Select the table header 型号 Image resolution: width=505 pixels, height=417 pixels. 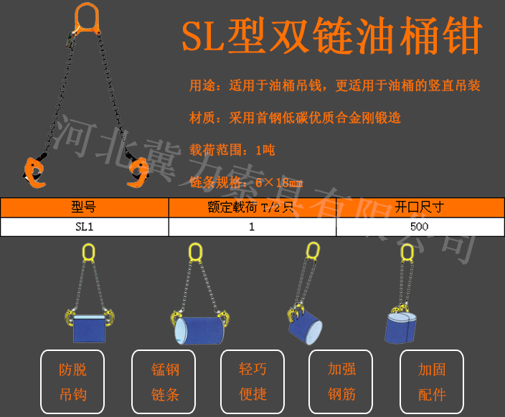tap(84, 207)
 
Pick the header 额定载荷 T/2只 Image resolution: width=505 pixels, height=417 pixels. tap(252, 207)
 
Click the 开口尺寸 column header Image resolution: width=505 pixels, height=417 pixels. tap(420, 207)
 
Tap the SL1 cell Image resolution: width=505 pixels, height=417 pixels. tap(84, 227)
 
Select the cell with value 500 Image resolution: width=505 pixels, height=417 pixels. tap(420, 227)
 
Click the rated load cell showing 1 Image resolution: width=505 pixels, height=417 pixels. tap(252, 227)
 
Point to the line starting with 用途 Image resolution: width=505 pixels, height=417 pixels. tap(334, 86)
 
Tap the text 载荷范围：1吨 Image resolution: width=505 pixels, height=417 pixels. tap(232, 150)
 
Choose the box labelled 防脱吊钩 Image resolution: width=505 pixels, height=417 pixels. tap(72, 382)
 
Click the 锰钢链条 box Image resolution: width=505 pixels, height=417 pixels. tap(165, 382)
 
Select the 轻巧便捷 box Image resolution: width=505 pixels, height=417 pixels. tap(252, 382)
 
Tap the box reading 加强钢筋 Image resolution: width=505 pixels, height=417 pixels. tap(341, 382)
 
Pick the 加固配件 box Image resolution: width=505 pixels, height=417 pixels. tap(432, 382)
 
